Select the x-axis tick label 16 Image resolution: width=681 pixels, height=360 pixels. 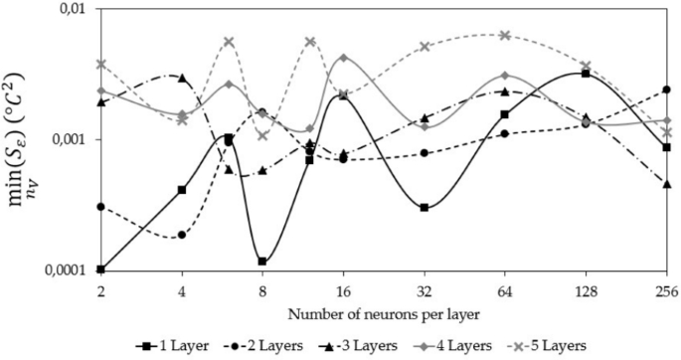[x=343, y=290]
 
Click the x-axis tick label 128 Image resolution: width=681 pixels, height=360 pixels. [x=586, y=290]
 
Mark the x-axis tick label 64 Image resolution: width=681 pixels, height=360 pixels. [x=504, y=290]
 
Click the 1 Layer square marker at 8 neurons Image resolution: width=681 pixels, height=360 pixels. [x=262, y=262]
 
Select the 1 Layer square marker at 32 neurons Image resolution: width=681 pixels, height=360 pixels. [x=425, y=208]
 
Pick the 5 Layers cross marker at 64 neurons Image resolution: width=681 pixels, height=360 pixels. [x=505, y=35]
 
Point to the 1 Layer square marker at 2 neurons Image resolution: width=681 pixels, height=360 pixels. [x=101, y=270]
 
